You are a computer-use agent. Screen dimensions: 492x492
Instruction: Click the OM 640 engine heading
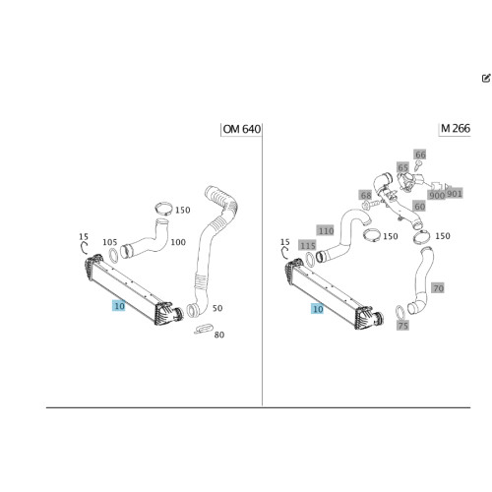[x=242, y=129]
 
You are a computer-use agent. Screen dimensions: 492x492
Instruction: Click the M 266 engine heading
[x=456, y=128]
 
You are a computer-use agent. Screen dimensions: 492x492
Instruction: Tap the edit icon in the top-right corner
[x=486, y=78]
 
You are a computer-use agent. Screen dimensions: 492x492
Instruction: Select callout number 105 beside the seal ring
[x=110, y=242]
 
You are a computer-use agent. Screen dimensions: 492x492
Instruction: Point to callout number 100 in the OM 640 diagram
[x=178, y=242]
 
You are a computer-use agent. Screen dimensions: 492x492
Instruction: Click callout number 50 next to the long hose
[x=217, y=308]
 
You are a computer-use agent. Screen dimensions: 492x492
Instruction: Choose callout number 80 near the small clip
[x=219, y=335]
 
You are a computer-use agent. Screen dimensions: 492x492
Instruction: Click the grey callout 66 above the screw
[x=420, y=154]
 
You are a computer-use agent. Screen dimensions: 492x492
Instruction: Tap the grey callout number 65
[x=402, y=167]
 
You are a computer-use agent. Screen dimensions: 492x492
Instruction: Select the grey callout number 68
[x=366, y=195]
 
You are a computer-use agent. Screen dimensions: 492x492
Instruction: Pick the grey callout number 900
[x=437, y=195]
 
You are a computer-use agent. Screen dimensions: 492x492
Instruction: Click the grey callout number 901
[x=455, y=194]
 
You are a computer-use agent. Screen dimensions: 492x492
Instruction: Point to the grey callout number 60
[x=419, y=207]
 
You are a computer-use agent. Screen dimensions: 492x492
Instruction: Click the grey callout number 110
[x=326, y=230]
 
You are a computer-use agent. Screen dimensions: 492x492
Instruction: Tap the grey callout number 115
[x=308, y=245]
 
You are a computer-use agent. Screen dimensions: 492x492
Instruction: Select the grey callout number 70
[x=438, y=288]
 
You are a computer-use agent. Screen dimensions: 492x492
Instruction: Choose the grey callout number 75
[x=402, y=325]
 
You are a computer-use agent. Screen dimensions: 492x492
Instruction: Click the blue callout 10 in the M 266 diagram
[x=318, y=309]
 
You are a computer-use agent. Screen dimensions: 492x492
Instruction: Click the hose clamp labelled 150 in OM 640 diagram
[x=163, y=209]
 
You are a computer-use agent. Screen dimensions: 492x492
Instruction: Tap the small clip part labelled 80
[x=204, y=329]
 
